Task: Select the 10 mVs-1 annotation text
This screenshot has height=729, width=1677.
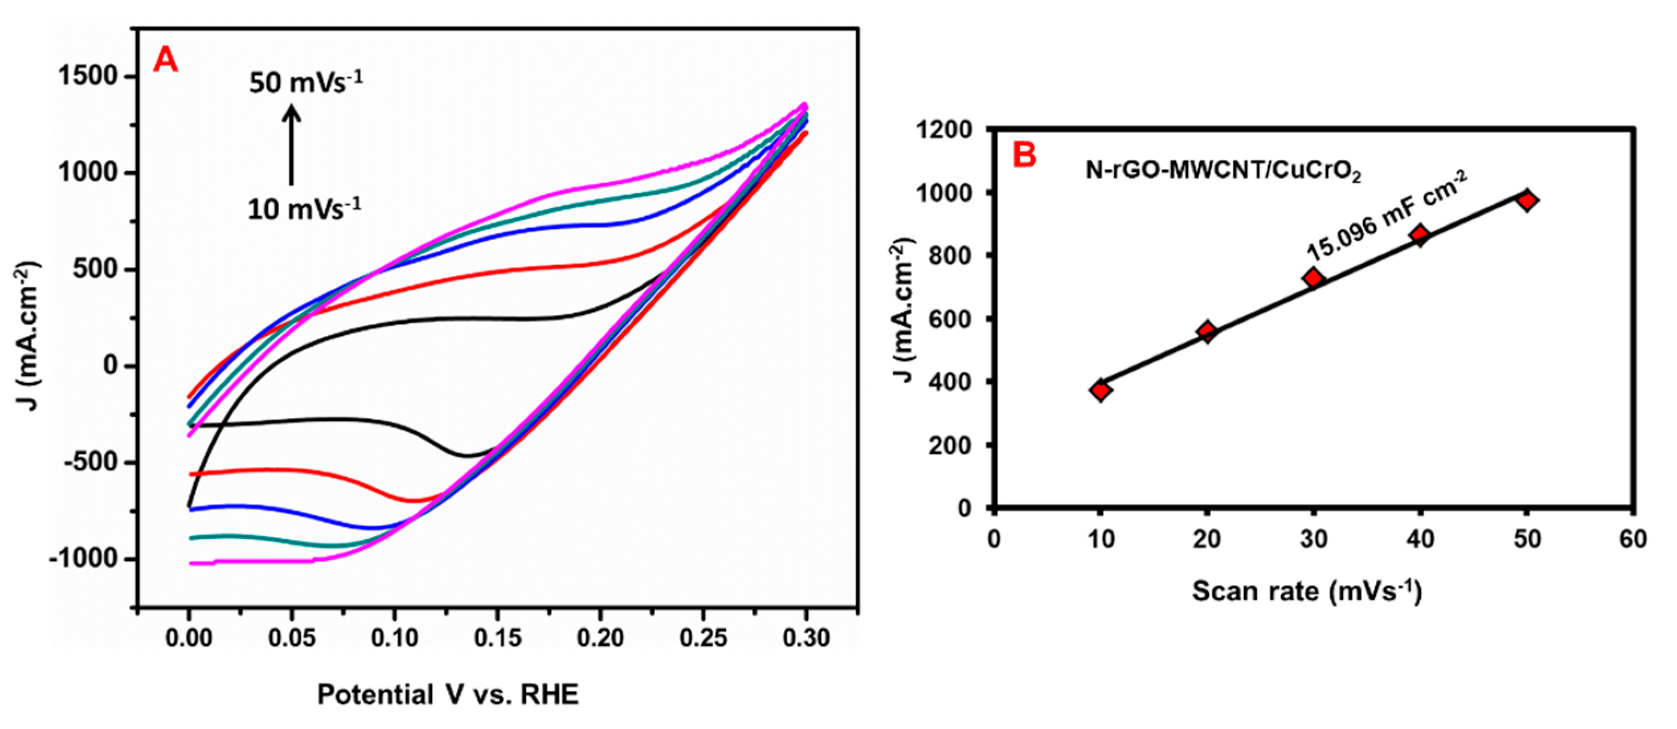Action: click(304, 208)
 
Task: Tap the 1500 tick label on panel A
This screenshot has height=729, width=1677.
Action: click(88, 76)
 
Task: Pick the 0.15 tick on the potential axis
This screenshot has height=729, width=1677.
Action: click(498, 638)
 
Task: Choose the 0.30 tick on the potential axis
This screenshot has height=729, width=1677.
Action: click(806, 638)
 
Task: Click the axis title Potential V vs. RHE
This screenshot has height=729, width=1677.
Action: click(448, 695)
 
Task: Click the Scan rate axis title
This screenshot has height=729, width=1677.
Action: click(1307, 591)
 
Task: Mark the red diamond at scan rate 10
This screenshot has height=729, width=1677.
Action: click(1101, 390)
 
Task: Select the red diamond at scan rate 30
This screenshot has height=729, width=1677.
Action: click(1314, 278)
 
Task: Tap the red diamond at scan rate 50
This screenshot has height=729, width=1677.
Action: click(1527, 200)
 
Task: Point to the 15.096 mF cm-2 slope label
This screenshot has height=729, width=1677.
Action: click(1386, 218)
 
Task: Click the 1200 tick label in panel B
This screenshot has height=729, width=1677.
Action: click(944, 130)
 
